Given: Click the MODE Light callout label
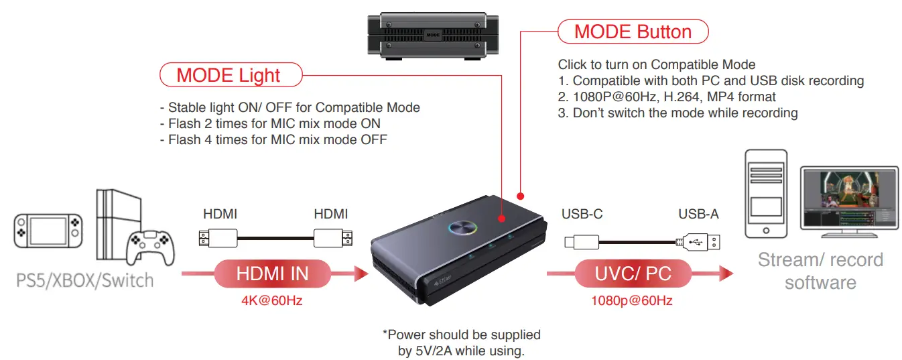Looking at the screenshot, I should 229,75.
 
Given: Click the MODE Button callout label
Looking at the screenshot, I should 633,32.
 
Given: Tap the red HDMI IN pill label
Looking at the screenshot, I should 272,273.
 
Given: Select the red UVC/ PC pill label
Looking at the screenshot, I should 633,273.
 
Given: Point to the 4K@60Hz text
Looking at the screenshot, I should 272,300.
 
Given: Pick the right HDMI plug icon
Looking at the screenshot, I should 332,237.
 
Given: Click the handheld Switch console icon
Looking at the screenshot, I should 48,230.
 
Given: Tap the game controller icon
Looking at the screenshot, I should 151,245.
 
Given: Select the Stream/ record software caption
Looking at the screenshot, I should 820,271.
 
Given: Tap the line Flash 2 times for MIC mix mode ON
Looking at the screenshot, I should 270,123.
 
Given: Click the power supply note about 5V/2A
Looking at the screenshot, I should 461,342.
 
